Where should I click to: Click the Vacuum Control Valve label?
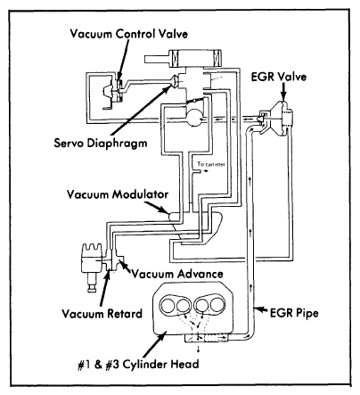pos(129,34)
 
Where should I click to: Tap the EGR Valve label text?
pos(279,77)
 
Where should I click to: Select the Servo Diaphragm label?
pos(101,143)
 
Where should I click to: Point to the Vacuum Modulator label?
pos(118,194)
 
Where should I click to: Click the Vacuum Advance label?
pos(177,274)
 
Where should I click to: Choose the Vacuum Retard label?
pos(102,314)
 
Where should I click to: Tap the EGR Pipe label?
pos(294,313)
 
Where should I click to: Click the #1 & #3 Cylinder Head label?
pos(138,364)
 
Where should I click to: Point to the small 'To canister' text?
pos(211,164)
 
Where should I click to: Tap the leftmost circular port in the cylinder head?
pos(168,305)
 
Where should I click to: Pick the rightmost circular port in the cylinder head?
pos(217,304)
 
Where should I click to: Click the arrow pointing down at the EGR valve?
pos(283,92)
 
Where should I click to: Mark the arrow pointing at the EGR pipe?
pos(262,309)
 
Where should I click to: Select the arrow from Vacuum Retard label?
pos(104,288)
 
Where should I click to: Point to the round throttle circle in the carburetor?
pos(194,117)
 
